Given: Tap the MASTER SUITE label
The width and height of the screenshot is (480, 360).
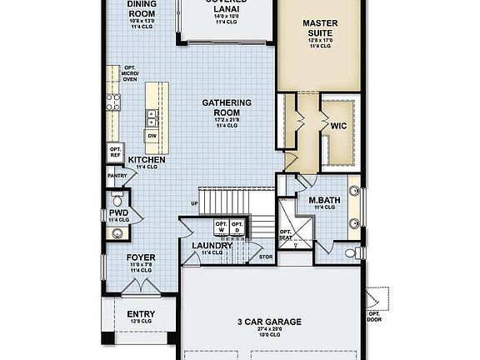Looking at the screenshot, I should (x=319, y=28).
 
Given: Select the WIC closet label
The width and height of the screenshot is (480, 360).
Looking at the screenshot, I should (x=338, y=127).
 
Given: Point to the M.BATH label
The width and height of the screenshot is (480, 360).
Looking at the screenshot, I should (x=322, y=201).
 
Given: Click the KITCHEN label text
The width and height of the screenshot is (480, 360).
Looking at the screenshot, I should (x=147, y=159).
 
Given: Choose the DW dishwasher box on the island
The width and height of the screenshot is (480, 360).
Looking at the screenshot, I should (x=152, y=135).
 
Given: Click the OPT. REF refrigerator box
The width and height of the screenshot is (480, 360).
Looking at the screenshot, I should (x=115, y=152).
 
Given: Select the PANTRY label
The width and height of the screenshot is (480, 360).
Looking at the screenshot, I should (x=116, y=176).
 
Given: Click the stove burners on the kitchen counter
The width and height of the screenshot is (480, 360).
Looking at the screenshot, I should (x=112, y=103).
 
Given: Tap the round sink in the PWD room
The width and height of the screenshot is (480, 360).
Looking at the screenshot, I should (x=116, y=232).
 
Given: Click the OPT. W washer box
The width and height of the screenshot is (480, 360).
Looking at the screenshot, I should (x=222, y=227).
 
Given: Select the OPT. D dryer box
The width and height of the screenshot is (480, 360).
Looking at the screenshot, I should (x=237, y=227).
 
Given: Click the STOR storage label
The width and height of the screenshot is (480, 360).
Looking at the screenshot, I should (x=266, y=257).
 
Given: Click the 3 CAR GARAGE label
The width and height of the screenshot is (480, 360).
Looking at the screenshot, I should (x=268, y=322).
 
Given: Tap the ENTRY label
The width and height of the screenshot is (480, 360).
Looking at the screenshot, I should (x=140, y=316).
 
